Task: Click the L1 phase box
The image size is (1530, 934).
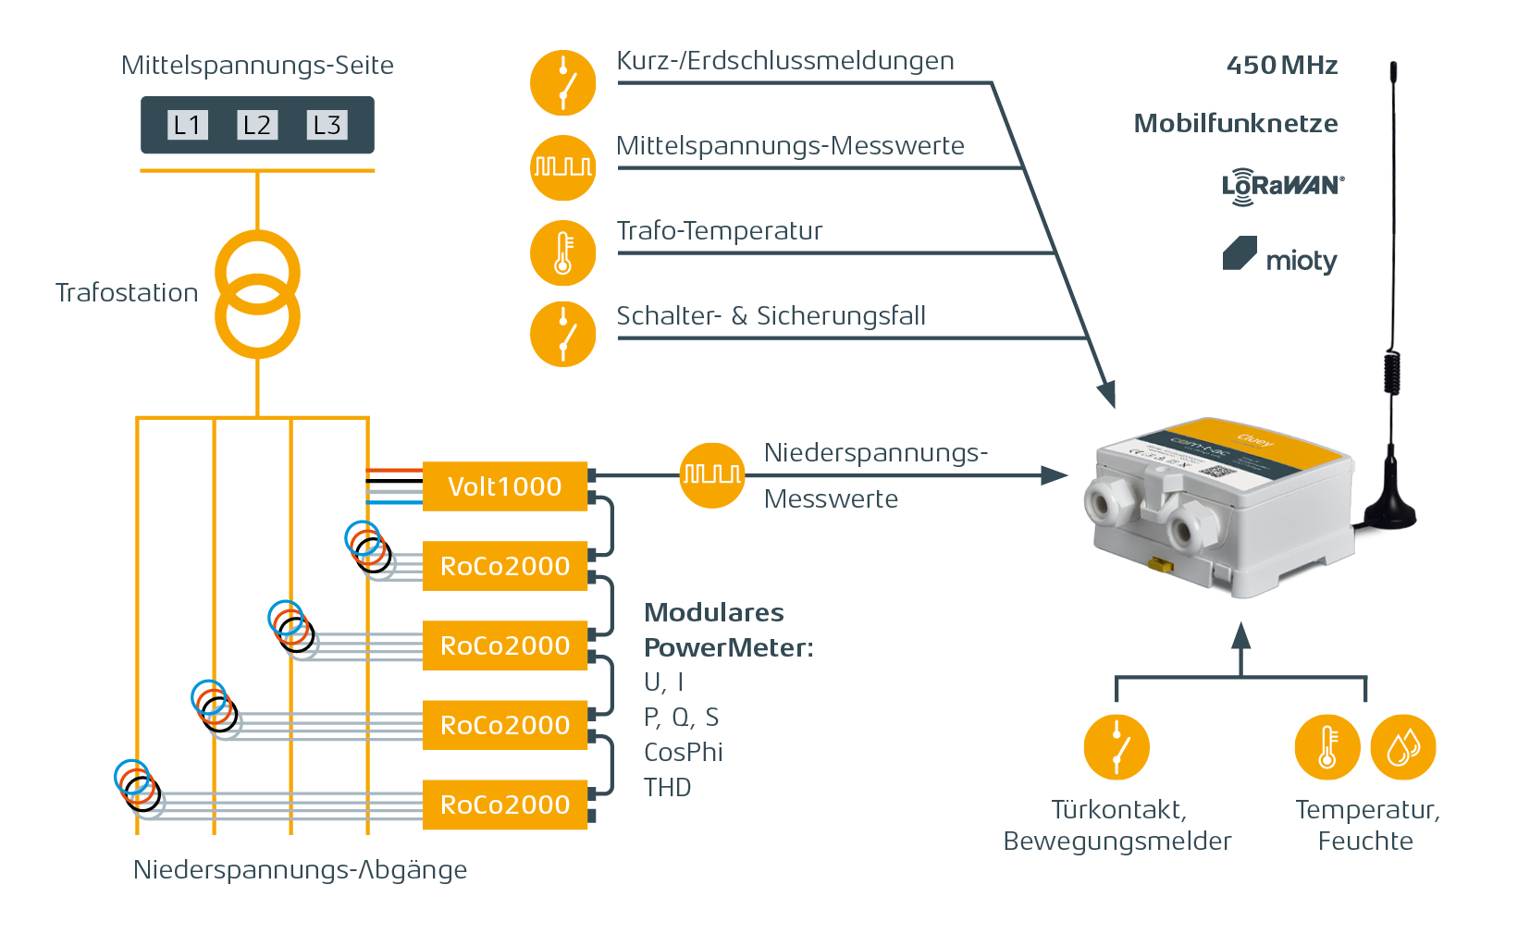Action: [188, 125]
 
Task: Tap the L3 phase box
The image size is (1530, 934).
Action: [327, 125]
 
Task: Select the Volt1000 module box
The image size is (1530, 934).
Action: [505, 486]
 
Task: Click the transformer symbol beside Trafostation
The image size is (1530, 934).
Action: [258, 294]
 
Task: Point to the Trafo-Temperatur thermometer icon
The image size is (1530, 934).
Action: [562, 252]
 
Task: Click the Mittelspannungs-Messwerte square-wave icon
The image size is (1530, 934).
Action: [562, 167]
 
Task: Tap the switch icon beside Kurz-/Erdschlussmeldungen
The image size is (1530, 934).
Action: [562, 83]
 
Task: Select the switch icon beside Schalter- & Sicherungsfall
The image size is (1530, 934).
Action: [562, 334]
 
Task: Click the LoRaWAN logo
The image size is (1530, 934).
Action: [1282, 186]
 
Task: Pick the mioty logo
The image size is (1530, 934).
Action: [1280, 256]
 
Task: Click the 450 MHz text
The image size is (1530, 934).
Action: [1281, 66]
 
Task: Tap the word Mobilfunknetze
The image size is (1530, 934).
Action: [1236, 124]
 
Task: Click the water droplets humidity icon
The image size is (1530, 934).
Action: [1402, 747]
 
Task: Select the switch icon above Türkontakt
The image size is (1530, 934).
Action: [1117, 747]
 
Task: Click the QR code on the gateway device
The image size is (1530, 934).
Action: [1218, 470]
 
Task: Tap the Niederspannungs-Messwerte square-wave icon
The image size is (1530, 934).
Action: [711, 475]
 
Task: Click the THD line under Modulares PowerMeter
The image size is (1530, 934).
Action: [668, 788]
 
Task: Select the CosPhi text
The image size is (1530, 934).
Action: [683, 753]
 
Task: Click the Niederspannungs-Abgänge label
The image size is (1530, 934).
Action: [301, 870]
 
